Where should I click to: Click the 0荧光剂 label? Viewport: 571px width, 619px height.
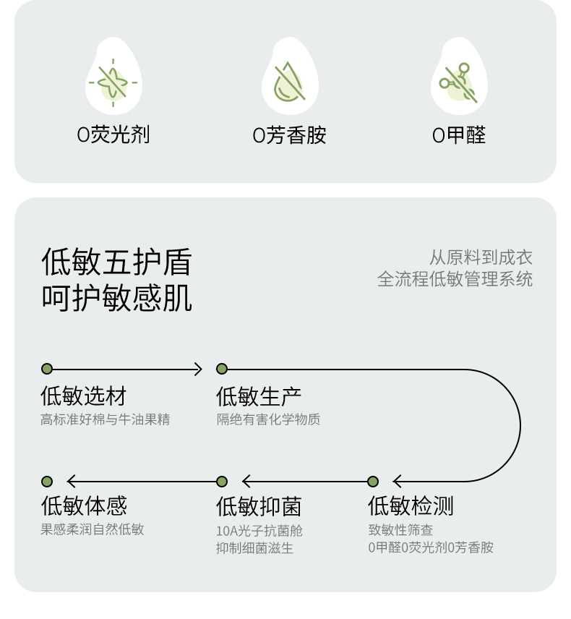[x=113, y=135]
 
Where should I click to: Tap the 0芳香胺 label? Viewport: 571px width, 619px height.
[x=289, y=135]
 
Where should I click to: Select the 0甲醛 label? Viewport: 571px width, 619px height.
[x=459, y=135]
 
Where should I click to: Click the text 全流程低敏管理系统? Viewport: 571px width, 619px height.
[x=455, y=279]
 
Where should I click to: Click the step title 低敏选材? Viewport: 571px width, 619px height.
[x=83, y=396]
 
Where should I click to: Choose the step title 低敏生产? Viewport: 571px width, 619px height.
[x=259, y=396]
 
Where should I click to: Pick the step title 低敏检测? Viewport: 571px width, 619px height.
[x=411, y=506]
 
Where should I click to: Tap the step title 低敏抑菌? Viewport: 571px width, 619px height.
[x=259, y=506]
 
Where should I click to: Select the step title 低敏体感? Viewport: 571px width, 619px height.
[x=83, y=506]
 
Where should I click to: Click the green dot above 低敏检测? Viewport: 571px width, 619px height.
[x=373, y=482]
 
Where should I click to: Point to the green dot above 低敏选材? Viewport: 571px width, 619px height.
[x=47, y=369]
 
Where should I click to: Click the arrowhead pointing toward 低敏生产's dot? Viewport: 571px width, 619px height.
[x=197, y=370]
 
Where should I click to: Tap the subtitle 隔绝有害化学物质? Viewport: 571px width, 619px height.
[x=268, y=419]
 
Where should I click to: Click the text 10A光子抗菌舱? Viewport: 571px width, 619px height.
[x=259, y=531]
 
